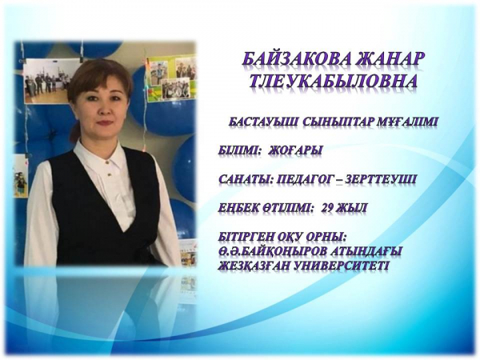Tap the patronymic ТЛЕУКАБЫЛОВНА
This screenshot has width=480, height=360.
[334, 81]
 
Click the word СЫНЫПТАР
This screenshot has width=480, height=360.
[338, 122]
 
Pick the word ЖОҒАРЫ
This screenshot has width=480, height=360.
[295, 150]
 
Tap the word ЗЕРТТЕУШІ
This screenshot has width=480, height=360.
[380, 179]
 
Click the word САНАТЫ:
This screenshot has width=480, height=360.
[246, 179]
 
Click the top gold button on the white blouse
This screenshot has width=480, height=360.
[107, 162]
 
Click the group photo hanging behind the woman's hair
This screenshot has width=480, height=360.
[47, 80]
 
